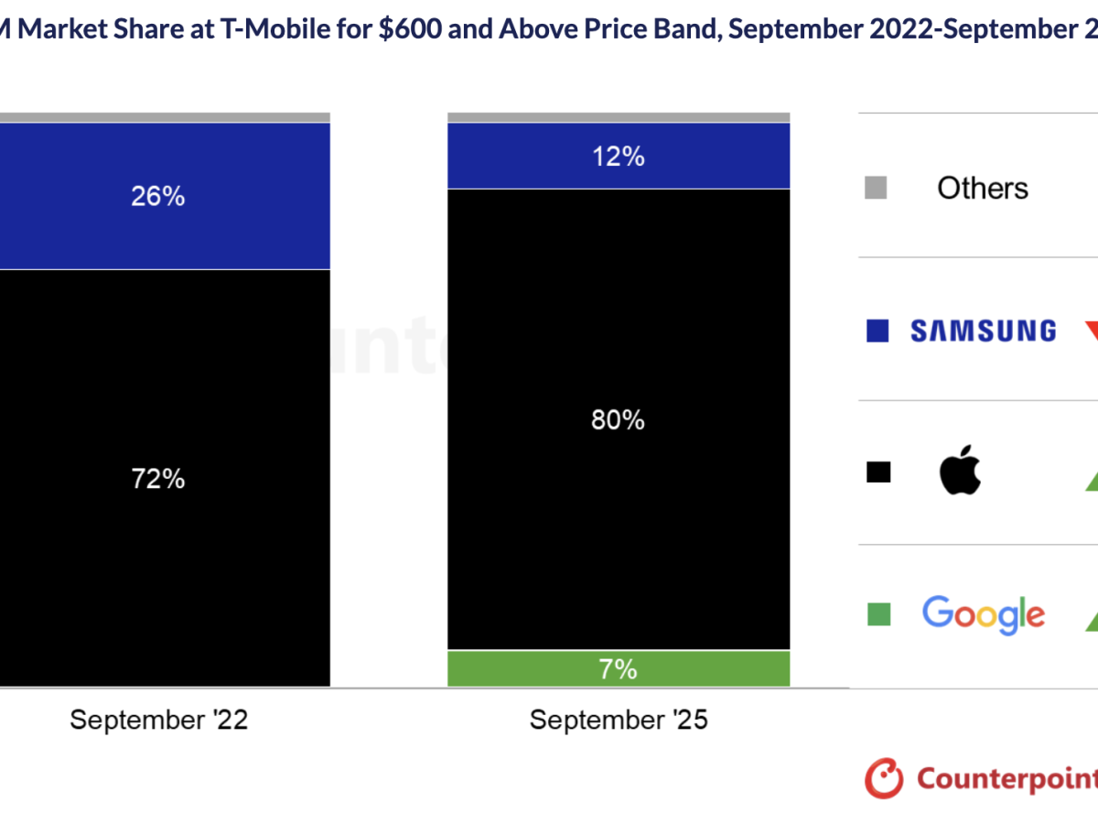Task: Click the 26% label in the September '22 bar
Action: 158,196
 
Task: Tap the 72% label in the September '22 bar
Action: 158,478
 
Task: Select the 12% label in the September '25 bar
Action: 619,157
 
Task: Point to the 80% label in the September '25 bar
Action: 619,420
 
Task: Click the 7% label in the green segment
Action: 619,669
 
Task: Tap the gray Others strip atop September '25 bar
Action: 619,117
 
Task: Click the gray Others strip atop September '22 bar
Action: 165,117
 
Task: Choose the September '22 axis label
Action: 158,721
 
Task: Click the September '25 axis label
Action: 619,721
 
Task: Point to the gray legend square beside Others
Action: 877,189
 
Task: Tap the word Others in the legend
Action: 982,189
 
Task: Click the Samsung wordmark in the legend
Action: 983,331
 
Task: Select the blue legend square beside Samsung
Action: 877,331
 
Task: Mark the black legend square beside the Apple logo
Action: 877,472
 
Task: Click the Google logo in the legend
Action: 983,615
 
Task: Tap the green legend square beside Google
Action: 878,614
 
